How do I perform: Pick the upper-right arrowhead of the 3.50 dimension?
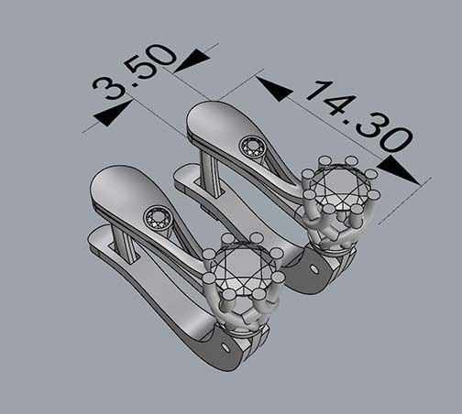tap(192, 60)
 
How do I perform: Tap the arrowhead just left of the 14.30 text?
tap(274, 88)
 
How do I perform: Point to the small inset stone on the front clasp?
tap(157, 217)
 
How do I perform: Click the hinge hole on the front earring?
tap(225, 348)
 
